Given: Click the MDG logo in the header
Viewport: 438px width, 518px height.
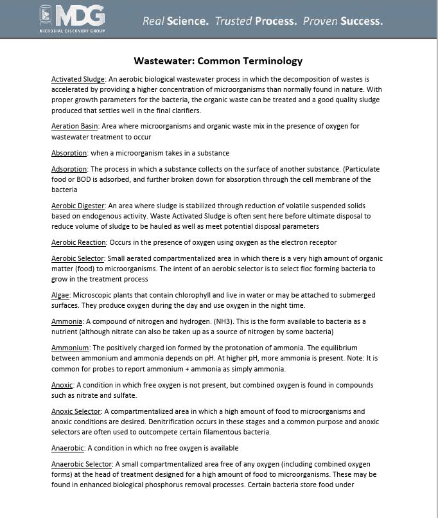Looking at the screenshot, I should pyautogui.click(x=71, y=19).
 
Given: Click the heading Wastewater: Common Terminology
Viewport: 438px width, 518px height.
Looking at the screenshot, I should pyautogui.click(x=218, y=61).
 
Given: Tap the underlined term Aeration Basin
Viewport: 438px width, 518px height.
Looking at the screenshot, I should pyautogui.click(x=74, y=127).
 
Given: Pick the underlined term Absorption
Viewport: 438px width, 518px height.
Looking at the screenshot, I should pyautogui.click(x=69, y=153).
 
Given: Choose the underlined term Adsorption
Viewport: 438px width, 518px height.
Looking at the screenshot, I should pyautogui.click(x=69, y=169).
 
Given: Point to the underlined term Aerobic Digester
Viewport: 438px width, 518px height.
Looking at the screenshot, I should pyautogui.click(x=78, y=206).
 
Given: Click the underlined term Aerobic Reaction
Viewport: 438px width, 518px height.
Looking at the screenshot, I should pyautogui.click(x=79, y=242).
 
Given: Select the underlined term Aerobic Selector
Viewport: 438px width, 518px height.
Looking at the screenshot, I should pyautogui.click(x=77, y=258).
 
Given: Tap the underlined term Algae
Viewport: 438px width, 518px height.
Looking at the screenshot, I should pyautogui.click(x=60, y=295).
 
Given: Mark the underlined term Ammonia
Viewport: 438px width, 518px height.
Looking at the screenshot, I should pyautogui.click(x=67, y=321).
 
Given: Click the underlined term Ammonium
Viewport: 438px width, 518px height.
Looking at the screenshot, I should pyautogui.click(x=70, y=348).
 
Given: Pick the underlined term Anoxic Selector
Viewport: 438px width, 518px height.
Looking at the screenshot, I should pyautogui.click(x=76, y=411).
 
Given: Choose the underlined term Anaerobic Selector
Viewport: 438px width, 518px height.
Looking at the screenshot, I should pyautogui.click(x=82, y=463).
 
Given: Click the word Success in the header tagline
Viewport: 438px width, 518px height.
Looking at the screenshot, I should pyautogui.click(x=361, y=21).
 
